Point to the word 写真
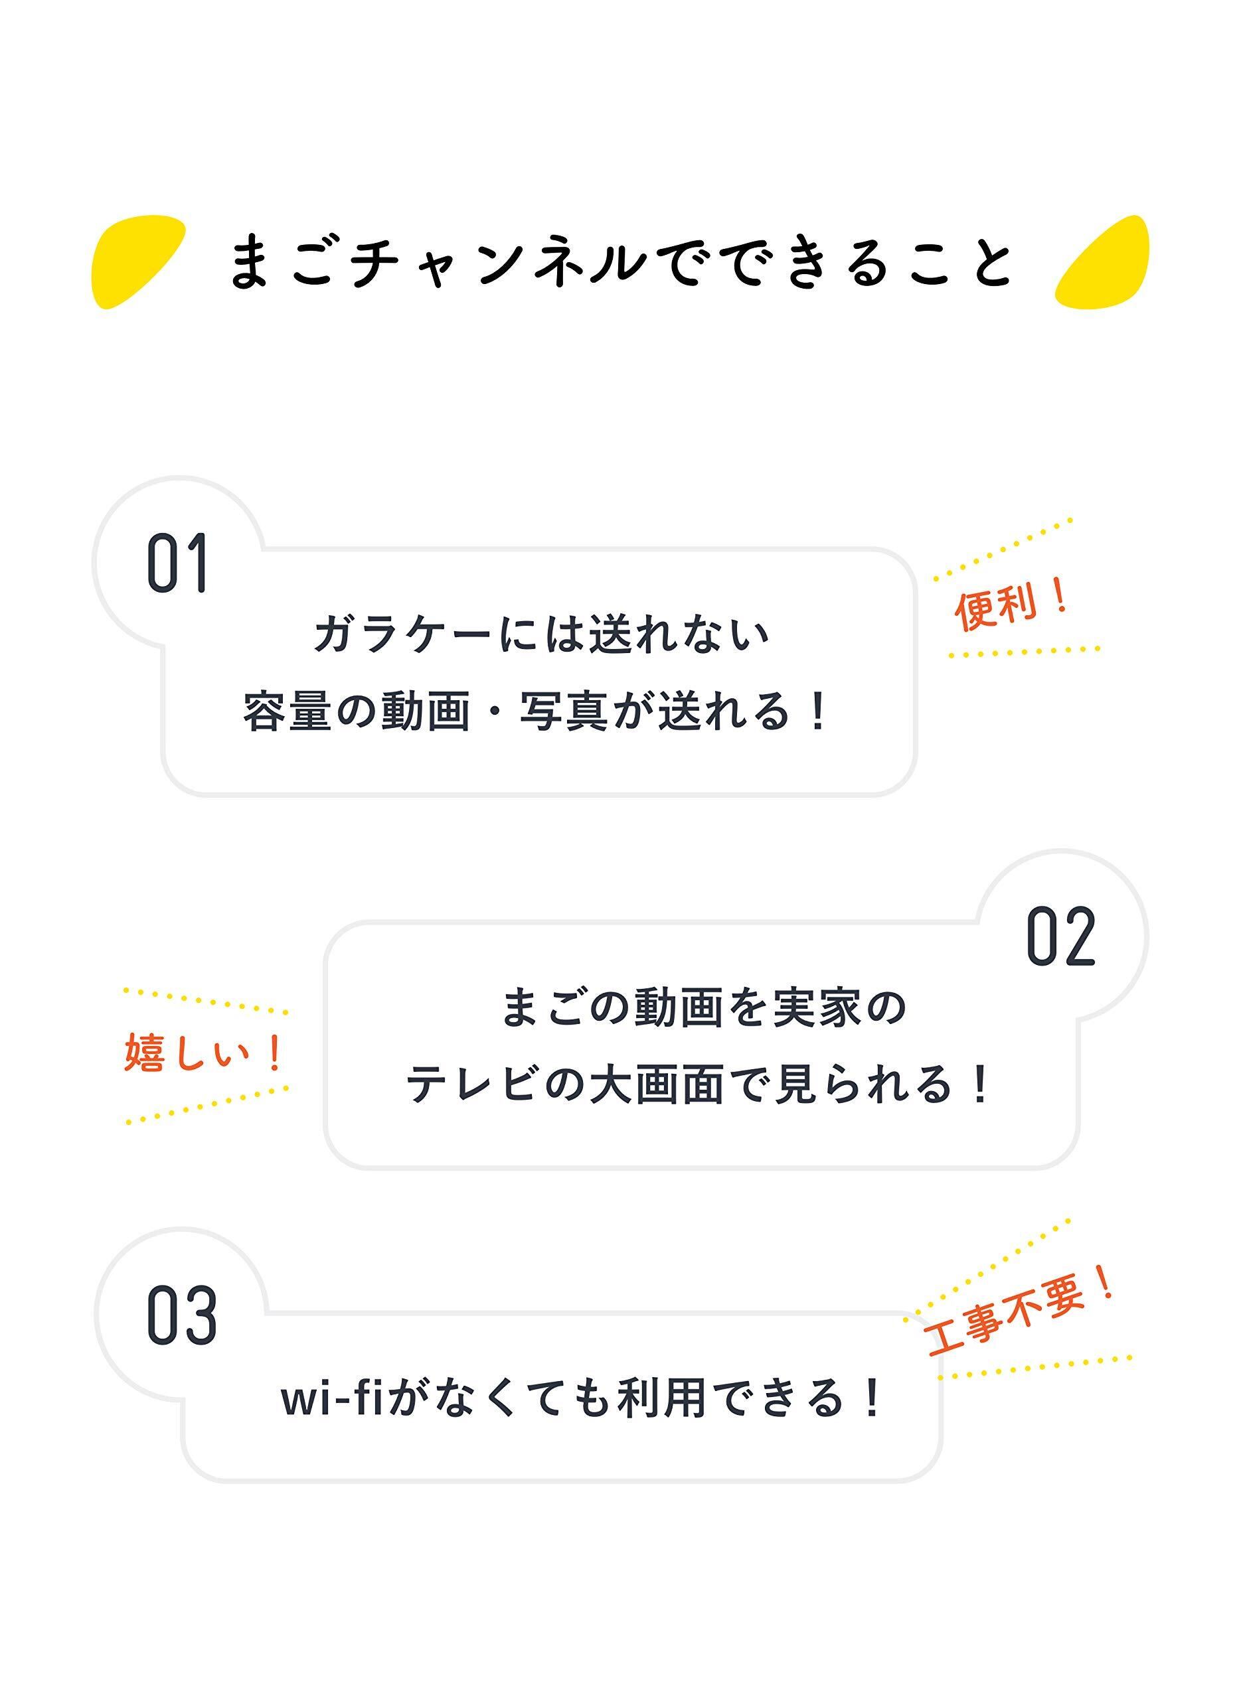(x=564, y=711)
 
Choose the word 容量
(x=287, y=711)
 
